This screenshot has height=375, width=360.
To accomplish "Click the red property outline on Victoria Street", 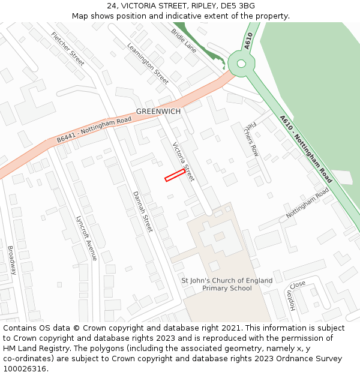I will (x=175, y=175).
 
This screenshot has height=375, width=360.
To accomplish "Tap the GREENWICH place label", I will (x=158, y=112).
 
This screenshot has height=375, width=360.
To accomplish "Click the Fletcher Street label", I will (x=68, y=49).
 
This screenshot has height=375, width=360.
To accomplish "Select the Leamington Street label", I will (x=148, y=63).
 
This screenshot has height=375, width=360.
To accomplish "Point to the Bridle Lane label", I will (x=184, y=40).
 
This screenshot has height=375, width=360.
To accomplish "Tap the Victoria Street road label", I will (x=183, y=161).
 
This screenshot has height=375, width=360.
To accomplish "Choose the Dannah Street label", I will (x=143, y=211).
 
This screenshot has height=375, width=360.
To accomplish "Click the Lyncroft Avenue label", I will (x=87, y=238).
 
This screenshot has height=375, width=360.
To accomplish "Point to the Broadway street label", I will (x=11, y=260).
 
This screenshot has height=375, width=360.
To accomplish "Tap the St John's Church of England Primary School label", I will (x=227, y=284).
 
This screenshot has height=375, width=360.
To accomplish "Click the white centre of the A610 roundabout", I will (x=241, y=63).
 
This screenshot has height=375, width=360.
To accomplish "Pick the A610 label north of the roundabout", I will (x=249, y=41).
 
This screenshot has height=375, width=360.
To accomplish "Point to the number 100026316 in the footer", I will (x=25, y=369).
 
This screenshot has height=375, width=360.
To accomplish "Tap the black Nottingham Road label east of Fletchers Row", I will (x=307, y=204).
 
